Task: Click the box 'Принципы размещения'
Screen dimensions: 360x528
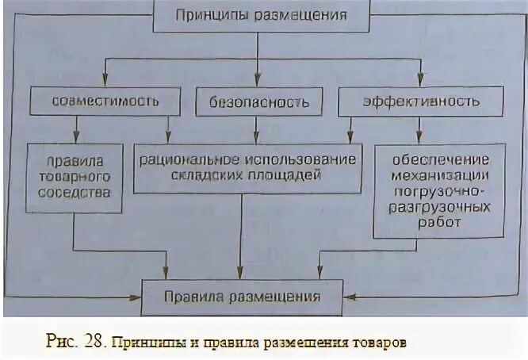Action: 261,14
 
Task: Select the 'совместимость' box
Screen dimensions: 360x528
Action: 105,101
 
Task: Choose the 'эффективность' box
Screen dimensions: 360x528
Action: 420,101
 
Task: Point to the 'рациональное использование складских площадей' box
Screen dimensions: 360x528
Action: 247,168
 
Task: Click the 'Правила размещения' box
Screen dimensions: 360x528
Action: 243,297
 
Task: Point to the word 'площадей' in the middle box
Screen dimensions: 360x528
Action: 290,176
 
